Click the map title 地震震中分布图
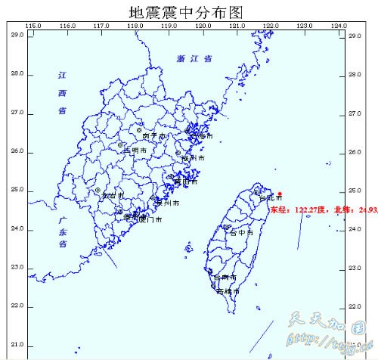pos(189,11)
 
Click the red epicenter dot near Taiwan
pos(280,193)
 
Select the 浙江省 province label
pos(194,58)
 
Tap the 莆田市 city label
pos(186,182)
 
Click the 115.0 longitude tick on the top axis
pos(33,26)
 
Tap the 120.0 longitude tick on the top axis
pos(203,26)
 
